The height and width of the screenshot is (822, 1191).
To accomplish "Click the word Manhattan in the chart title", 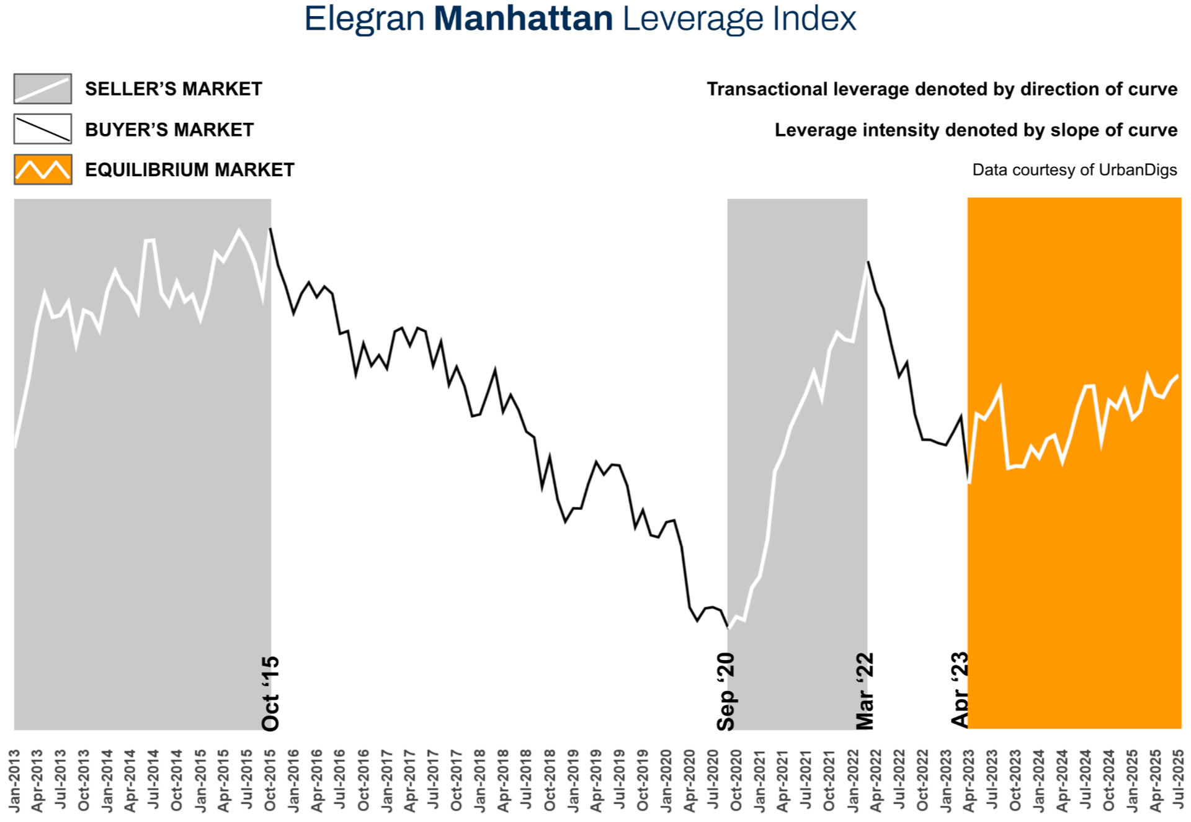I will (x=523, y=19).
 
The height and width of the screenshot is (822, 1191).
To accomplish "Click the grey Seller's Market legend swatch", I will (x=43, y=89).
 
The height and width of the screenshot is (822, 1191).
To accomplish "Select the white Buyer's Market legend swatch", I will (x=43, y=129).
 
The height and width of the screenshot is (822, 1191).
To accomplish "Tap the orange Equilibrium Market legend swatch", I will (x=43, y=169).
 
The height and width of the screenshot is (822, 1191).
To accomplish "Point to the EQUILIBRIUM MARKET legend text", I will (x=189, y=170).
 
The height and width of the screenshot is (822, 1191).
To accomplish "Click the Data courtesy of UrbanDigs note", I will (x=1074, y=170).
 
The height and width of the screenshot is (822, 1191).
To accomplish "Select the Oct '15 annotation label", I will (x=270, y=694).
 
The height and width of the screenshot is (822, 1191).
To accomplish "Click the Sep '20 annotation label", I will (x=726, y=692).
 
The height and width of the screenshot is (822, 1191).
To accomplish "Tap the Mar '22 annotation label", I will (x=865, y=691).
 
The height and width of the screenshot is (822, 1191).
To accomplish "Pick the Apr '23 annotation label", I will (x=960, y=689).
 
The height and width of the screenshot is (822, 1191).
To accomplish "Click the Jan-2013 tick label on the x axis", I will (x=14, y=780).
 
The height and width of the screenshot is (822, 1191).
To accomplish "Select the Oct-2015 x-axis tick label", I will (x=270, y=780).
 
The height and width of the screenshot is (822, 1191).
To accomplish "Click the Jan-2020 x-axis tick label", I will (x=666, y=780).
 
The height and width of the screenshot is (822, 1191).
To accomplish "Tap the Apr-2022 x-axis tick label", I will (x=876, y=780).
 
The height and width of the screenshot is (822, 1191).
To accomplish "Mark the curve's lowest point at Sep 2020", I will (x=728, y=628).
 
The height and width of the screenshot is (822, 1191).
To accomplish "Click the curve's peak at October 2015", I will (x=270, y=229).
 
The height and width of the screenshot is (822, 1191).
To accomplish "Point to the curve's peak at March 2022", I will (x=868, y=262).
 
